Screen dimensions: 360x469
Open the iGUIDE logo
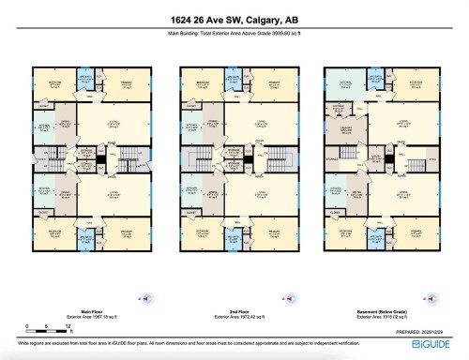tap(426, 346)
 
